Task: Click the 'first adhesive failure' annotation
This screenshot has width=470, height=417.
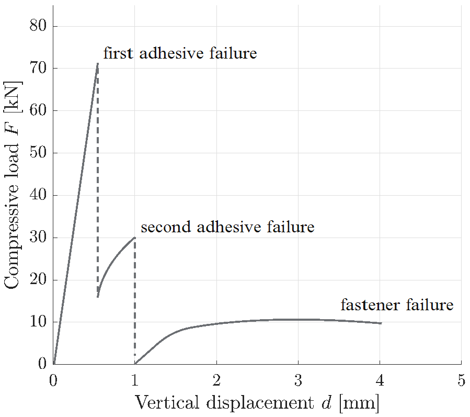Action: point(180,53)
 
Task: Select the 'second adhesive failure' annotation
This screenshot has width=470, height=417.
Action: point(227,228)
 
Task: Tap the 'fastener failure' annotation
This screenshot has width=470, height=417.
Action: point(397,305)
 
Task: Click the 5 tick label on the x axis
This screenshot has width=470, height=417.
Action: point(461,380)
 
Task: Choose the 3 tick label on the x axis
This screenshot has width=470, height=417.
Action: point(298,380)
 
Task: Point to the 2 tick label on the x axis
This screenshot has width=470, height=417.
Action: point(216,380)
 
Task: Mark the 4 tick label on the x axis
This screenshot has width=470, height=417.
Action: point(380,380)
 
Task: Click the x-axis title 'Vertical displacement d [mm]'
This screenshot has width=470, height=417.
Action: point(257,403)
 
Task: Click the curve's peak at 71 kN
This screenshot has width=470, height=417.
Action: point(97,64)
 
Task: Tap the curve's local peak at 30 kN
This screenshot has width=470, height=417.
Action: point(134,238)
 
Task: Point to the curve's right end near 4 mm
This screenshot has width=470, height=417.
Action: point(381,323)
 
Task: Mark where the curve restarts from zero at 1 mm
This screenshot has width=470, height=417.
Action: point(135,364)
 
